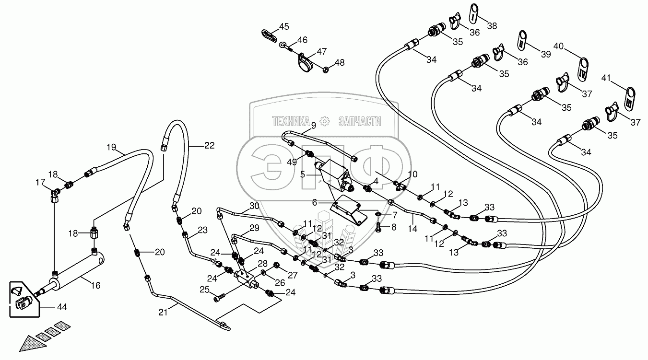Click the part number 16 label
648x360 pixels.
pyautogui.click(x=95, y=286)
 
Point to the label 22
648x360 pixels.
pyautogui.click(x=210, y=146)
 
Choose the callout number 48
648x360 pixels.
pyautogui.click(x=340, y=63)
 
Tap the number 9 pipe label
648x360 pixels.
pyautogui.click(x=314, y=126)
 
